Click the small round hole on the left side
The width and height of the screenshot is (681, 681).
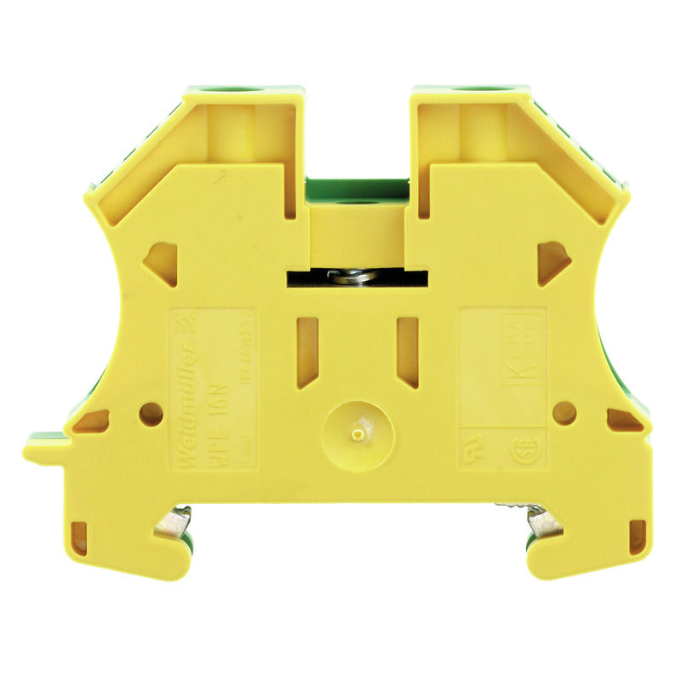tap(152, 414)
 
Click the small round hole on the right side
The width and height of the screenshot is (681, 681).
tap(564, 413)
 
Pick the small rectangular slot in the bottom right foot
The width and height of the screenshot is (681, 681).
tap(637, 536)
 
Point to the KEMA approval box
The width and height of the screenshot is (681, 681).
tap(521, 349)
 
